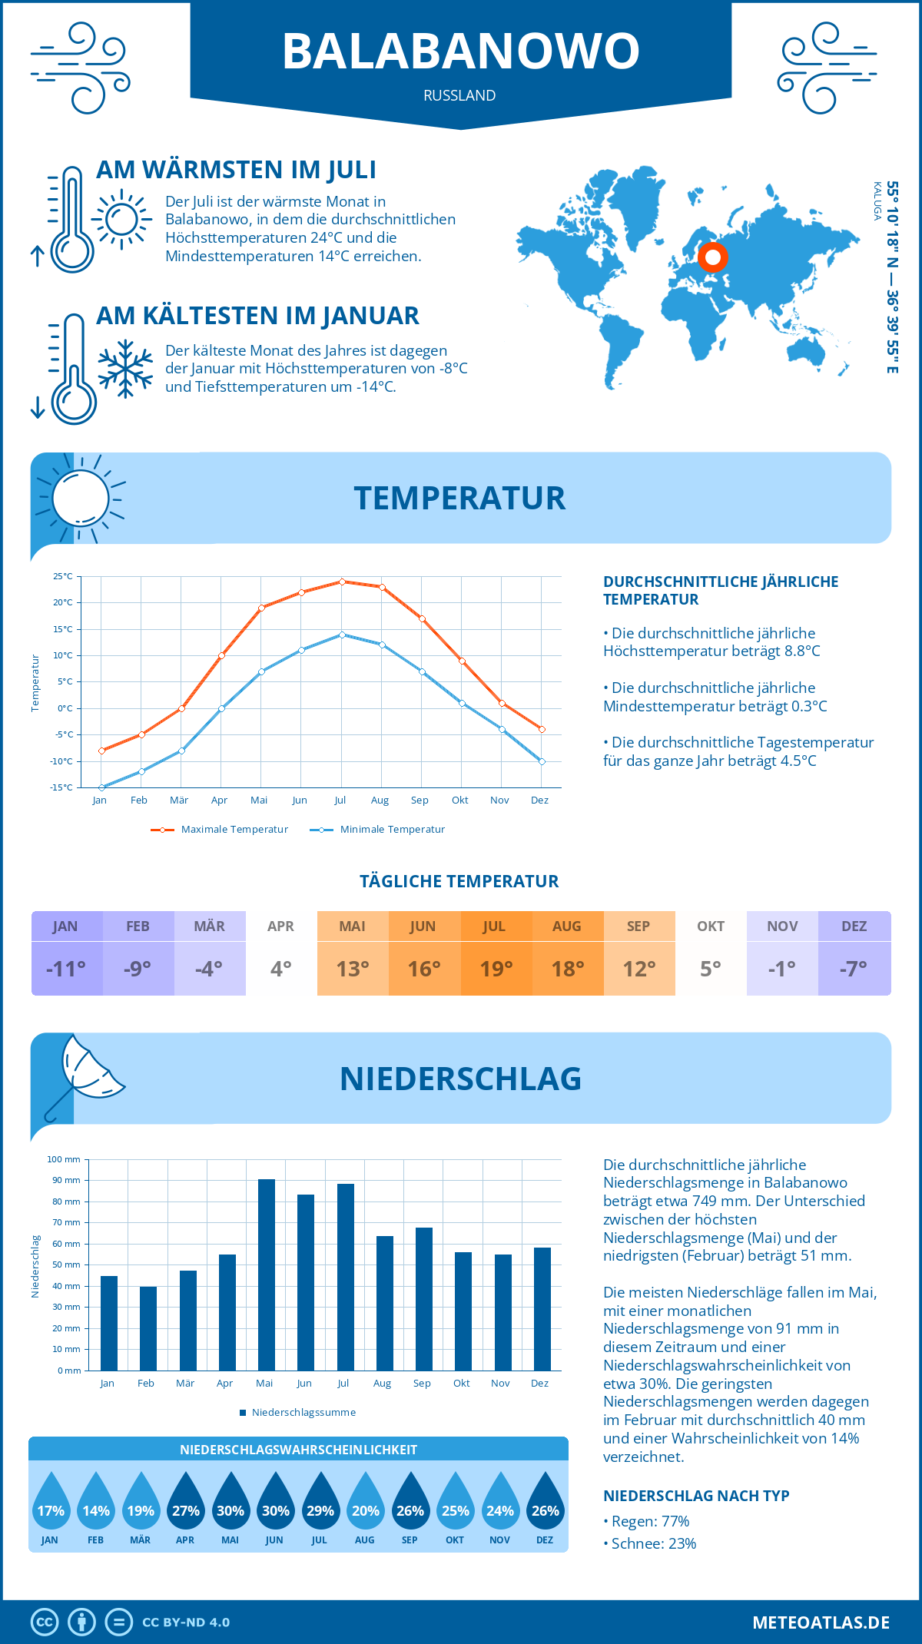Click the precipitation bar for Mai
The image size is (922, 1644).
266,1275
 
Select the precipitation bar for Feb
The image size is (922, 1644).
148,1329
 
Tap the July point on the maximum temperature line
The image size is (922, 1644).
342,582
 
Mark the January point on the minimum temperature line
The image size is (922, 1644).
101,787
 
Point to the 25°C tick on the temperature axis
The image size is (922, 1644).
63,576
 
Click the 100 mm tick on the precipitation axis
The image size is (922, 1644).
65,1159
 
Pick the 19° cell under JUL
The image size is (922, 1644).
496,969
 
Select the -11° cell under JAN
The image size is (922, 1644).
66,969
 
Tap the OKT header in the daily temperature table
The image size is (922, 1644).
710,926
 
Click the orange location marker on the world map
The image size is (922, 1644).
712,257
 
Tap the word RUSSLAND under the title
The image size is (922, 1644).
459,95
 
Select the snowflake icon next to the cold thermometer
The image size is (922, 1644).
125,369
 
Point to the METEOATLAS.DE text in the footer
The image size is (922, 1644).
821,1622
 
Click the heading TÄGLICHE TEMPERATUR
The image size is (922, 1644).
459,881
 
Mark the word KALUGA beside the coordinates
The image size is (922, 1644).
877,201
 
